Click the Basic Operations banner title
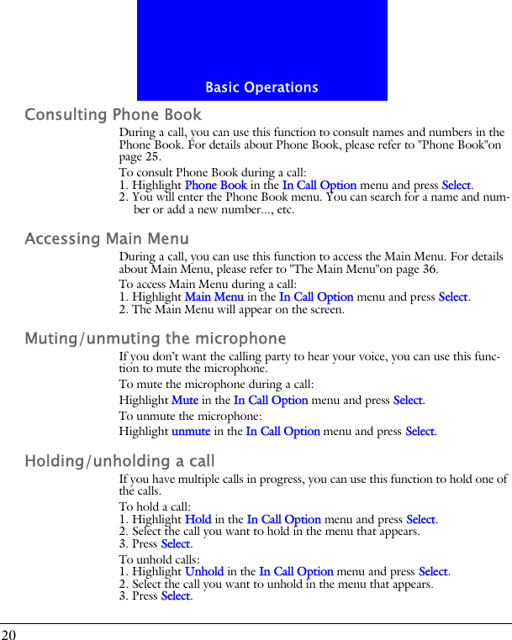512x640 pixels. coord(261,87)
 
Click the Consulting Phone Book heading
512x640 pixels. coord(113,114)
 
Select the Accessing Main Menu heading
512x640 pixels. coord(107,239)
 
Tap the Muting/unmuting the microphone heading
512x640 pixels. coord(156,339)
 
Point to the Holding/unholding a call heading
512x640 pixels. coord(120,461)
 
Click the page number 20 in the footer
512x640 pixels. coord(8,633)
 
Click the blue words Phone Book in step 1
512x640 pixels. coord(215,185)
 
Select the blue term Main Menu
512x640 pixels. coord(214,296)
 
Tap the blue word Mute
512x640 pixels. coord(185,401)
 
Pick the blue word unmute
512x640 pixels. coord(191,431)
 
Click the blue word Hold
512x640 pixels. coord(198,520)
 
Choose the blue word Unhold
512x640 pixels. coord(203,572)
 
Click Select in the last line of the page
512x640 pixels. coord(175,596)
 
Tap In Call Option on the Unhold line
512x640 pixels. coord(296,572)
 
